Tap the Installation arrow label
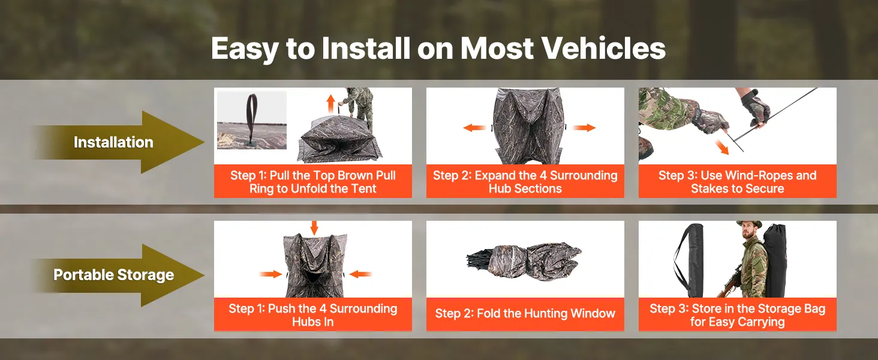113,142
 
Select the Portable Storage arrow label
114,275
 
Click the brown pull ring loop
251,118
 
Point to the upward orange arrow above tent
331,104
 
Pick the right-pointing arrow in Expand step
584,128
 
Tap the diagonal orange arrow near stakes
721,147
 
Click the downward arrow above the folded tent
314,228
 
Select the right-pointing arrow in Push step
271,274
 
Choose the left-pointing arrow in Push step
360,274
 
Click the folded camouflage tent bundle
524,259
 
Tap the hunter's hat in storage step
749,224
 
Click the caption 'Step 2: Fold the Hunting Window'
525,314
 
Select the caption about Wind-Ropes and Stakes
737,182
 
